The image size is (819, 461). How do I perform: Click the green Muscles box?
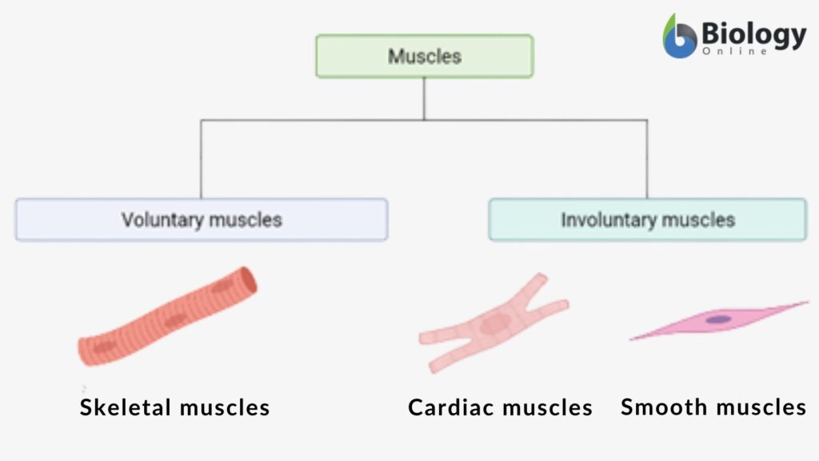point(424,56)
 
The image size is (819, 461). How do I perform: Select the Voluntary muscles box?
point(201,219)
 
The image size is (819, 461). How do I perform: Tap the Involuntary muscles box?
point(647,219)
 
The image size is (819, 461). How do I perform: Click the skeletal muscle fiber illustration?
point(168,316)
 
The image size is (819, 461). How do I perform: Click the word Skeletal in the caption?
point(126,407)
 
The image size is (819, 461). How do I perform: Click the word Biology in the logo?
point(753,34)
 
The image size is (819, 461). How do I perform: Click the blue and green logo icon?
point(680,37)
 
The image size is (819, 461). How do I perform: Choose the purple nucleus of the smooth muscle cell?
point(718,319)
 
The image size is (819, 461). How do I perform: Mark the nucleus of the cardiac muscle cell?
point(494,323)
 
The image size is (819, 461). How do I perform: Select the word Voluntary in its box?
point(159,219)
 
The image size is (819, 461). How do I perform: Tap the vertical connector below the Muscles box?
point(424,98)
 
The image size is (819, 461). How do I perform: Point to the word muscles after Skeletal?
point(224,407)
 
